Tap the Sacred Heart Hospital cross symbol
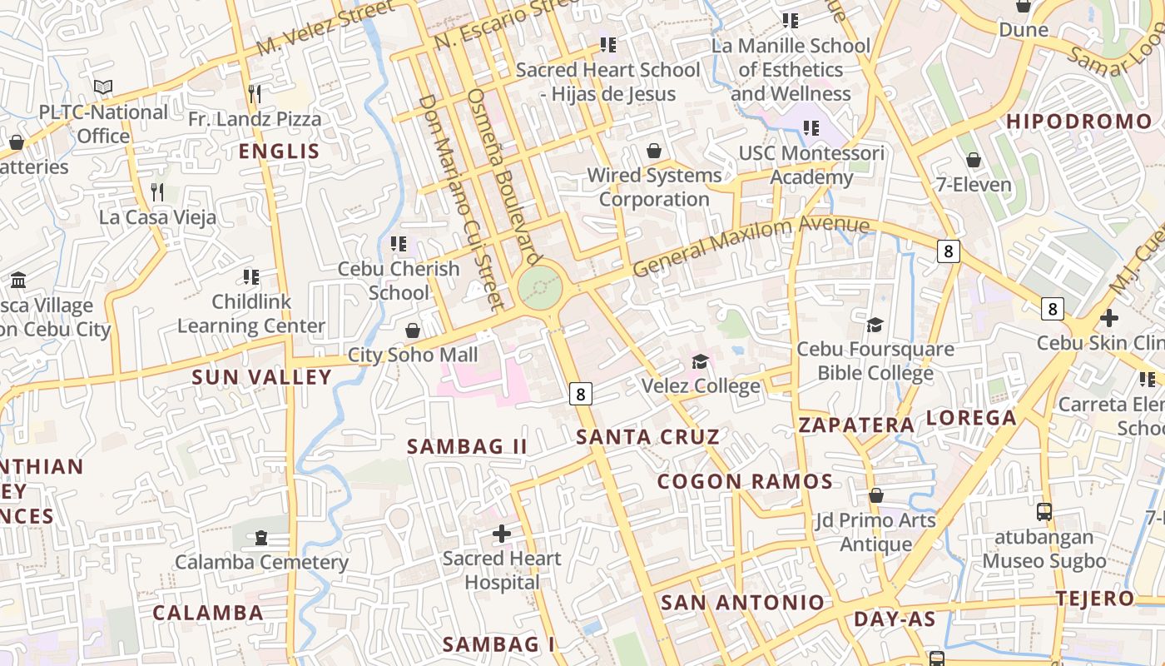click(501, 533)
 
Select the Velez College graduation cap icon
click(700, 361)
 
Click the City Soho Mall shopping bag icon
click(412, 331)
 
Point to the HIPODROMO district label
click(1079, 122)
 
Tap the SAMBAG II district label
click(467, 446)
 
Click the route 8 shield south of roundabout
click(581, 393)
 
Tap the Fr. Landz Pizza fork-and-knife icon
click(255, 93)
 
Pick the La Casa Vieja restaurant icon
click(157, 192)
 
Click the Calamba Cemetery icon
click(261, 537)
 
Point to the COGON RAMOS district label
click(745, 481)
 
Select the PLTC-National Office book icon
click(103, 87)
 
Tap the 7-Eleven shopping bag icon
click(973, 160)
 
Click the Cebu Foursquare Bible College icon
click(875, 324)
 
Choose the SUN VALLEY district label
click(261, 377)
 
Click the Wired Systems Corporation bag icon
click(654, 151)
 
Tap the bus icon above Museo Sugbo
click(1044, 512)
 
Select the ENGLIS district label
click(279, 151)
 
